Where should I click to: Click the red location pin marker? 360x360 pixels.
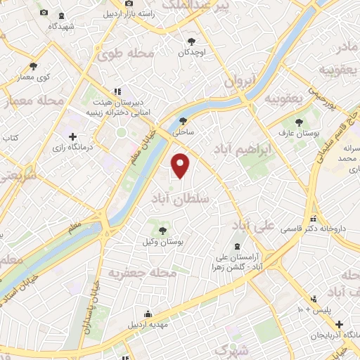[x=181, y=165]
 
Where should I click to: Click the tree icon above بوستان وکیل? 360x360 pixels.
[x=163, y=229]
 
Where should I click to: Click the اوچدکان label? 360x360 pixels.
[x=191, y=52]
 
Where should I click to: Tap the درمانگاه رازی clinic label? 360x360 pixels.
[x=72, y=148]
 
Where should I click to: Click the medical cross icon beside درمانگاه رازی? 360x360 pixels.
[x=73, y=136]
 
